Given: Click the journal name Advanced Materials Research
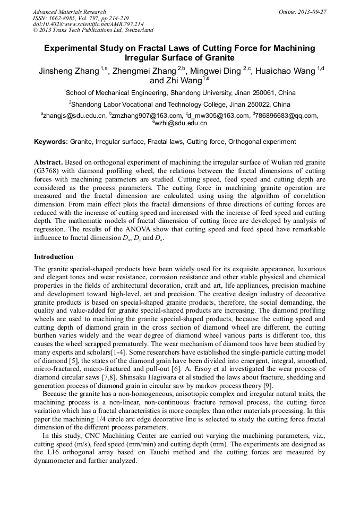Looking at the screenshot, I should pyautogui.click(x=70, y=12).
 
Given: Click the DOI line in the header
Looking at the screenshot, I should pyautogui.click(x=88, y=24).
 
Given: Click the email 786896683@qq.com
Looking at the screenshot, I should pyautogui.click(x=287, y=116).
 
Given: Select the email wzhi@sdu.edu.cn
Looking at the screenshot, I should pyautogui.click(x=181, y=123).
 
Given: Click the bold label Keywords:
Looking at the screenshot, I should pyautogui.click(x=51, y=142).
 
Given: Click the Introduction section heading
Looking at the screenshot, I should pyautogui.click(x=54, y=257).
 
